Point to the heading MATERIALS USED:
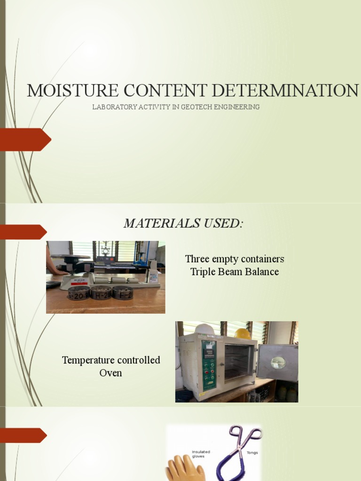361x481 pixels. coord(183,224)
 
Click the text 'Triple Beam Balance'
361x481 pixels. coord(235,272)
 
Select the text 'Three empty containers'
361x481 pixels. coord(235,259)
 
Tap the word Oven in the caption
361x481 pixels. coord(111,373)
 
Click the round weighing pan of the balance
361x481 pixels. coord(70,257)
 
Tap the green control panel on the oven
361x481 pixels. coord(209,364)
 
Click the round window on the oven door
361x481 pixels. coord(278,363)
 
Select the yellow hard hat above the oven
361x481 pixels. coord(243,334)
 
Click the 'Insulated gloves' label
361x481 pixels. coord(201,454)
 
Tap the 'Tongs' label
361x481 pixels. coord(252,453)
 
